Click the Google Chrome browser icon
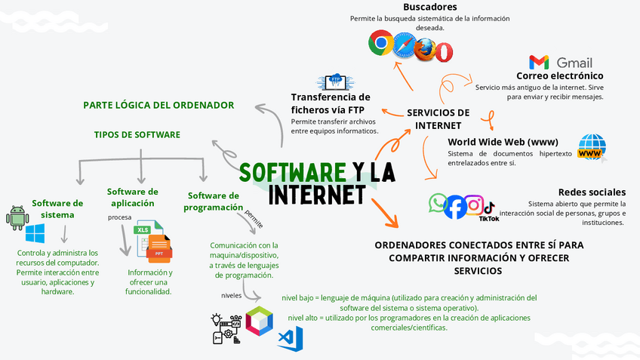380,44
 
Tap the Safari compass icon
404,45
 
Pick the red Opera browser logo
443,51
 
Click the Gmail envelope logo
539,62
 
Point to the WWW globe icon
592,147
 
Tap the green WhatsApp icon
438,202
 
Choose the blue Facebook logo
455,206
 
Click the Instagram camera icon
473,204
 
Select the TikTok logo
489,209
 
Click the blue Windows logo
35,232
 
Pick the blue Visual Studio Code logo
290,337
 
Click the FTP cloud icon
333,82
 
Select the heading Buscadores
408,7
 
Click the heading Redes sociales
592,192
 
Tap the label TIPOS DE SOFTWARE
137,134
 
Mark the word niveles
232,295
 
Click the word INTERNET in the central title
317,194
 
